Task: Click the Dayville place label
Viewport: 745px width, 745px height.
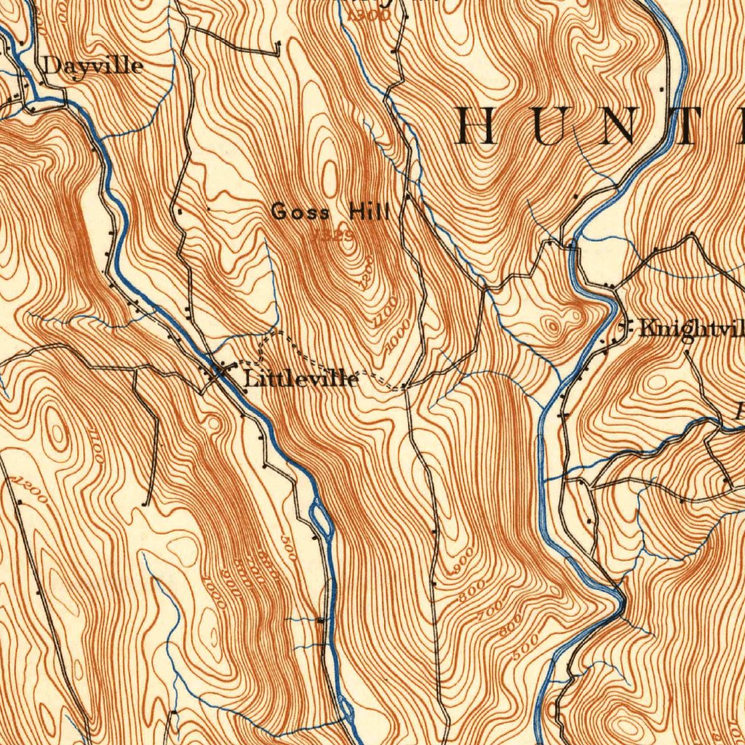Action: click(x=93, y=65)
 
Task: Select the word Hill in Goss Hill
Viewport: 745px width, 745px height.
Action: click(x=370, y=212)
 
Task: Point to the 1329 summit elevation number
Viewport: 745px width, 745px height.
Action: click(x=333, y=235)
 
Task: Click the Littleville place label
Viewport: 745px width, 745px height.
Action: click(x=300, y=379)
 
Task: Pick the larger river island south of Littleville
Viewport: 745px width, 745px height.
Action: click(x=321, y=519)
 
